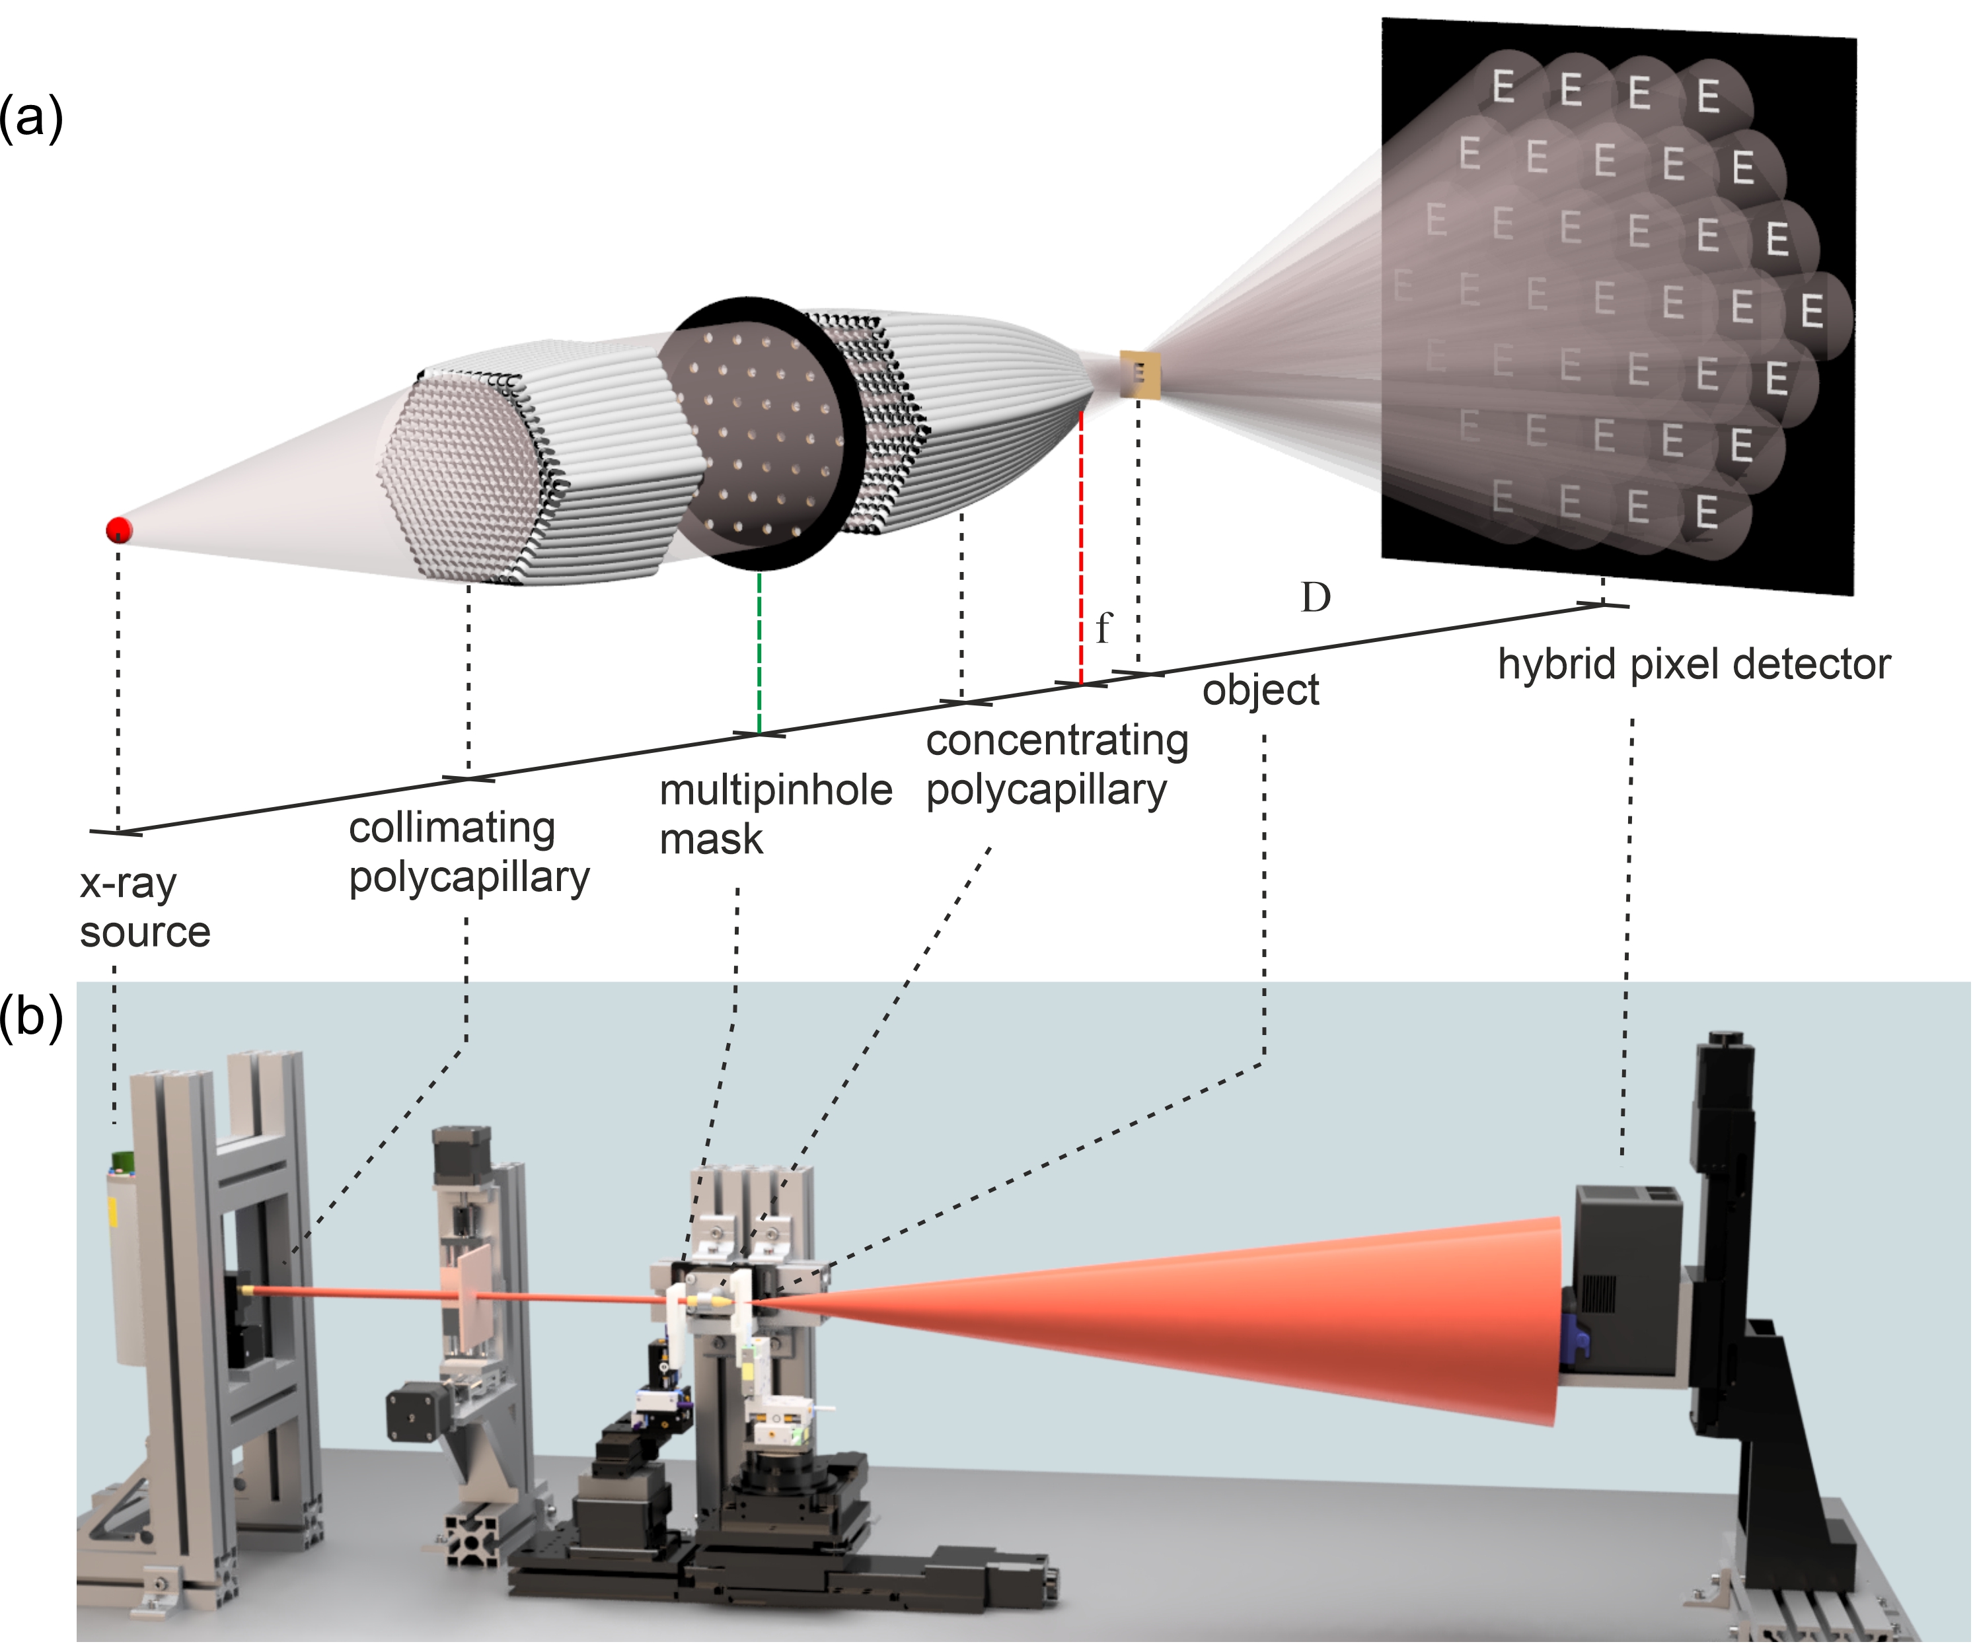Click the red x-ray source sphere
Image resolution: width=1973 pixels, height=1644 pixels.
[x=118, y=530]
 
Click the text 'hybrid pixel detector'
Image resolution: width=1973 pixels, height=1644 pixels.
[x=1693, y=664]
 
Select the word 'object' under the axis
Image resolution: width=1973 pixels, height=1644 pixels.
[x=1260, y=690]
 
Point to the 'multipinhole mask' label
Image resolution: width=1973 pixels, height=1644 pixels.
[x=774, y=814]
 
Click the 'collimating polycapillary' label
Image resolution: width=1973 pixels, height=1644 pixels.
[x=468, y=852]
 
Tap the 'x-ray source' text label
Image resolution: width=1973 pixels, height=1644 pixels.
[x=144, y=908]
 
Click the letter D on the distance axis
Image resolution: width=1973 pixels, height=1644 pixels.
[x=1316, y=598]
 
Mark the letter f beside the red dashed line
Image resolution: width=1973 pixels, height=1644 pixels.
[x=1103, y=627]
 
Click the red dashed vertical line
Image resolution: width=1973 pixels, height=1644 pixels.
[x=1082, y=545]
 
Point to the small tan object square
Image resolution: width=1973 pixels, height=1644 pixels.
[x=1140, y=374]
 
